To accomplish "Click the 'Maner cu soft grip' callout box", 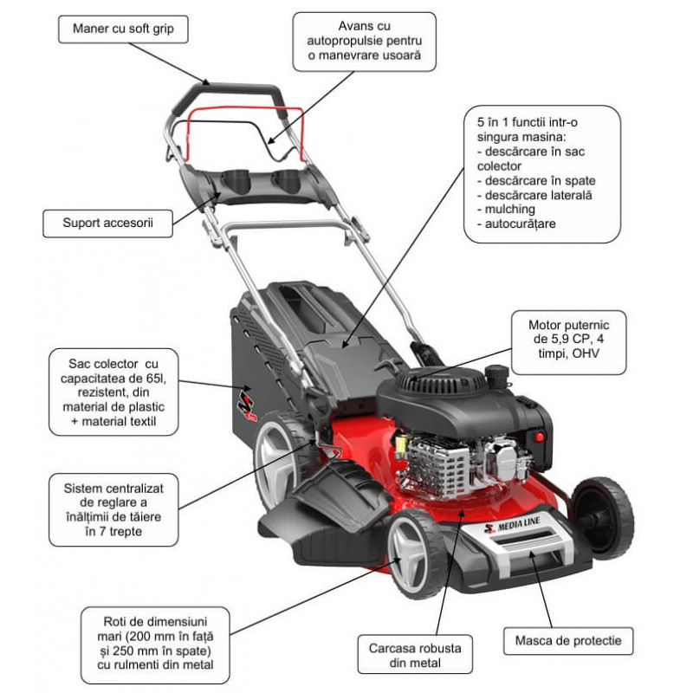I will [122, 29].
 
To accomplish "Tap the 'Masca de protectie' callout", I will [567, 642].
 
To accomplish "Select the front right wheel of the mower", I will [604, 516].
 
